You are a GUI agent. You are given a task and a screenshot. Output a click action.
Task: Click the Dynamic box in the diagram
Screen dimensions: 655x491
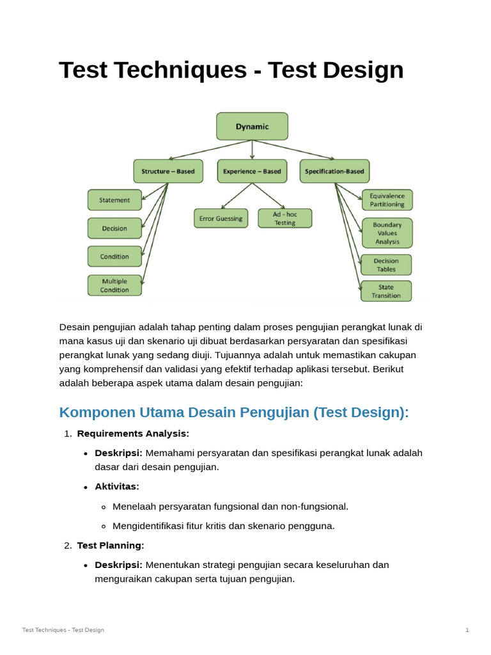(x=252, y=127)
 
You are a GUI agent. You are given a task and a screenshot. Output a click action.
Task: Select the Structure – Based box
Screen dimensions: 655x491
(x=168, y=171)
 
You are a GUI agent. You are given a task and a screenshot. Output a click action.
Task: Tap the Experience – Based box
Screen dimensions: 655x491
(x=252, y=171)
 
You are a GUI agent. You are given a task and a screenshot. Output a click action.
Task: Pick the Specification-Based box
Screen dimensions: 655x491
(x=334, y=171)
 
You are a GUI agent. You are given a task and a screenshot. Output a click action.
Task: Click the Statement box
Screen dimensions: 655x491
(x=114, y=200)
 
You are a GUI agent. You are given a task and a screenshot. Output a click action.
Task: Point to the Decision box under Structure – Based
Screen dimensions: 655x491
(x=114, y=228)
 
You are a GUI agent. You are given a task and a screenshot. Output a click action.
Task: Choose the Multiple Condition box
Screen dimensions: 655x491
(x=114, y=285)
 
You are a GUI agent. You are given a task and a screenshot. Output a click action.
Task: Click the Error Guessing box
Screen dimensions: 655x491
(x=221, y=219)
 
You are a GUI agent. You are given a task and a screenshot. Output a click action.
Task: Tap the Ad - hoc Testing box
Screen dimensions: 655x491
(x=285, y=219)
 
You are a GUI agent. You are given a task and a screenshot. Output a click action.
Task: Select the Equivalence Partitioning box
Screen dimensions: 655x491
(x=387, y=200)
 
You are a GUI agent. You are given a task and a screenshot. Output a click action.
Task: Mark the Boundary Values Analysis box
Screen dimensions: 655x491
(x=387, y=233)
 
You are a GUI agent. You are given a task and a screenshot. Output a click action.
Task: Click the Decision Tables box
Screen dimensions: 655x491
(x=386, y=265)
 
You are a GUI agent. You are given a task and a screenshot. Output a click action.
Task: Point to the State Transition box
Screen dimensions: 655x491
(x=386, y=292)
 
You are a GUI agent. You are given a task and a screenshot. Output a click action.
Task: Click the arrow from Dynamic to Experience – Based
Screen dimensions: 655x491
(x=252, y=150)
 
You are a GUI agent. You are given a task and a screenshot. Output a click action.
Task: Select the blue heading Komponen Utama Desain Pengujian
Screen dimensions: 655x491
(x=233, y=413)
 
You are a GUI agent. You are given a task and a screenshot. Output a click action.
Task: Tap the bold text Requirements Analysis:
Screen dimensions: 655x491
(x=133, y=434)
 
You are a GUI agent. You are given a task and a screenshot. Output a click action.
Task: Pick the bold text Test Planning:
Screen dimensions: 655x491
(x=111, y=546)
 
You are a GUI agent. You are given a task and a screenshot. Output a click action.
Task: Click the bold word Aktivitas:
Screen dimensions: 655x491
(x=117, y=487)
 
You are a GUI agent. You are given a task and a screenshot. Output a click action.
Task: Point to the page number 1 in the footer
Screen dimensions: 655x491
(x=467, y=630)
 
